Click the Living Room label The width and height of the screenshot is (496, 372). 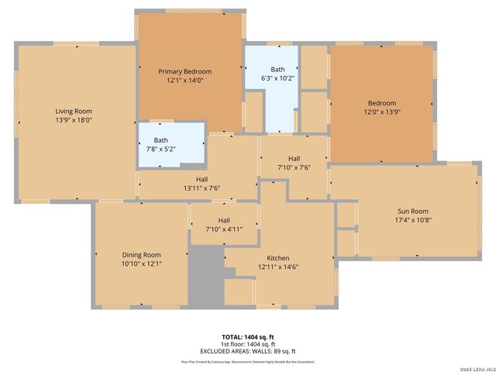[x=73, y=112]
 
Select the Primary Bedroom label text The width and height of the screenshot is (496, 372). [x=185, y=71]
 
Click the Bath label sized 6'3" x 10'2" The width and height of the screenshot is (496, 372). [x=272, y=69]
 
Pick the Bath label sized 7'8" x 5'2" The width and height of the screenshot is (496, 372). [x=160, y=140]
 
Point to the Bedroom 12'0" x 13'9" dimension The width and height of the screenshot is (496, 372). [x=381, y=112]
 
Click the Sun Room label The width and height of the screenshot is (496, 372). [x=412, y=211]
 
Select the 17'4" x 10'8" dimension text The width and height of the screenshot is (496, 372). [x=412, y=219]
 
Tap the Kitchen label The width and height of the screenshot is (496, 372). [x=278, y=258]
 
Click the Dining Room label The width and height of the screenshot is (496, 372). [x=141, y=255]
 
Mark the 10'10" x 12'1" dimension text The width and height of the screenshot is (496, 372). [x=141, y=263]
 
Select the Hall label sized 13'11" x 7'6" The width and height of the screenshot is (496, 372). [x=201, y=179]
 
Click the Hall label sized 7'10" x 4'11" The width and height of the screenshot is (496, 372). [x=223, y=220]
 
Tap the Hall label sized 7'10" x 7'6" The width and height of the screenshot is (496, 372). [x=294, y=158]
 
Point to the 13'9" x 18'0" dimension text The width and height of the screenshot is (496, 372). [x=73, y=120]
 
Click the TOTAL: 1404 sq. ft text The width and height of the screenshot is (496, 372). [x=248, y=336]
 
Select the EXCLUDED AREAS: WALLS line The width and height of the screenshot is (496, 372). [x=248, y=350]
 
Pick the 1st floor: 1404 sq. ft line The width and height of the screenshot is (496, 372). [x=248, y=343]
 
